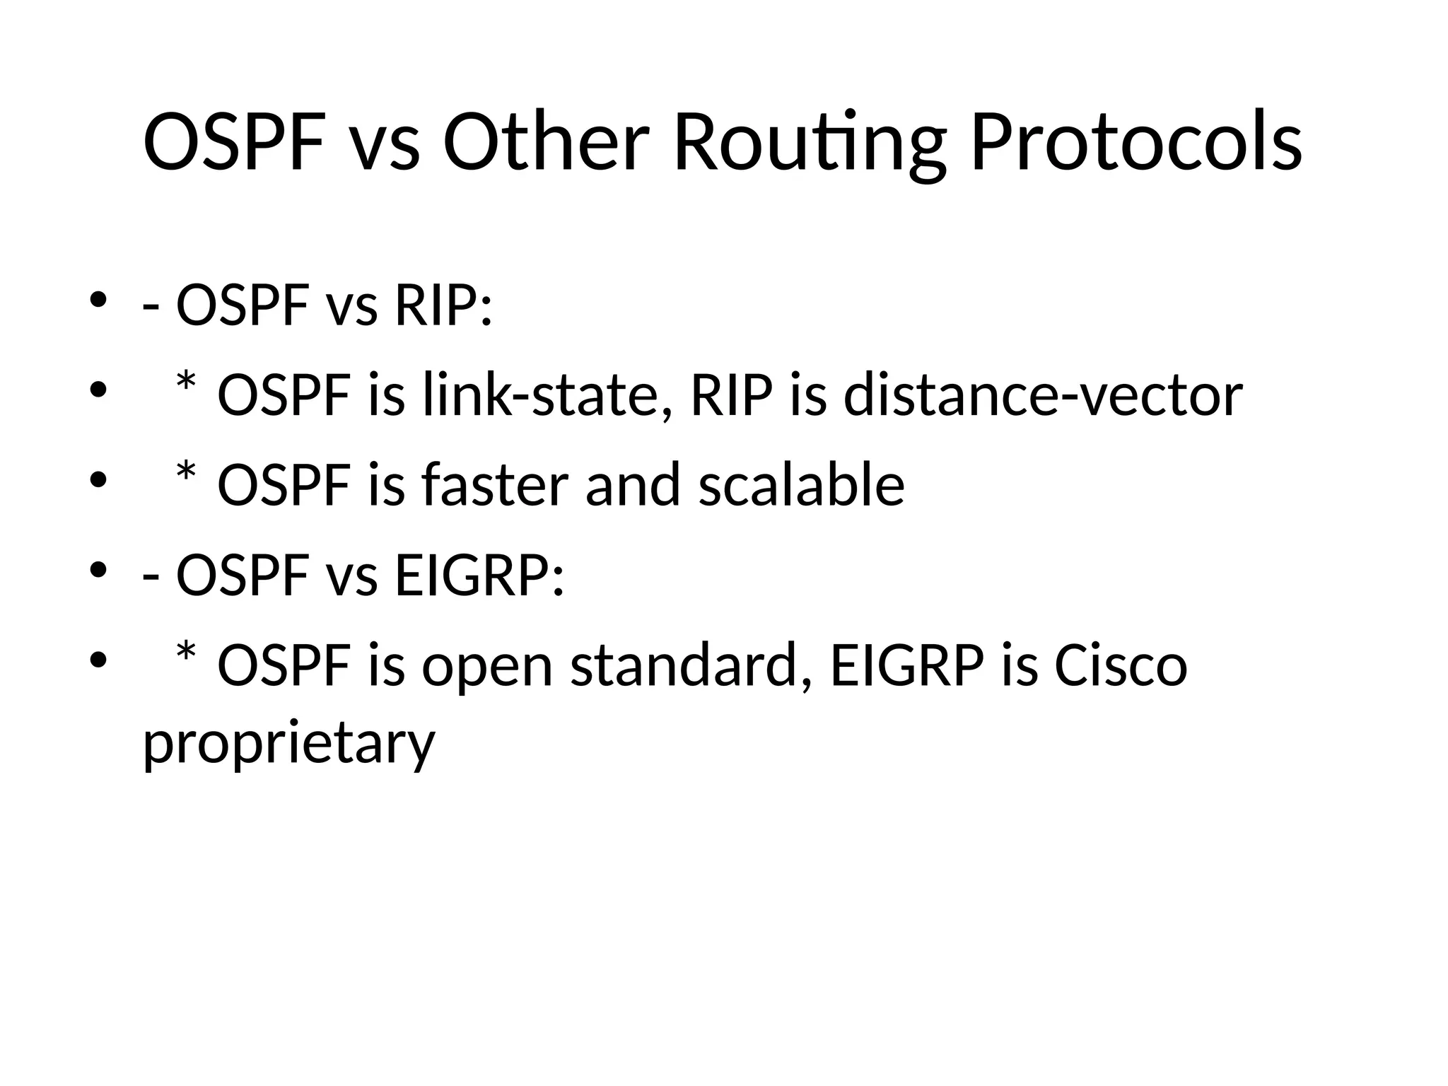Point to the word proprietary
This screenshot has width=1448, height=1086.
[x=288, y=744]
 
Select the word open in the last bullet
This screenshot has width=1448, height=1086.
[x=487, y=669]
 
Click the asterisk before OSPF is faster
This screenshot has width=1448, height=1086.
[x=186, y=474]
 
